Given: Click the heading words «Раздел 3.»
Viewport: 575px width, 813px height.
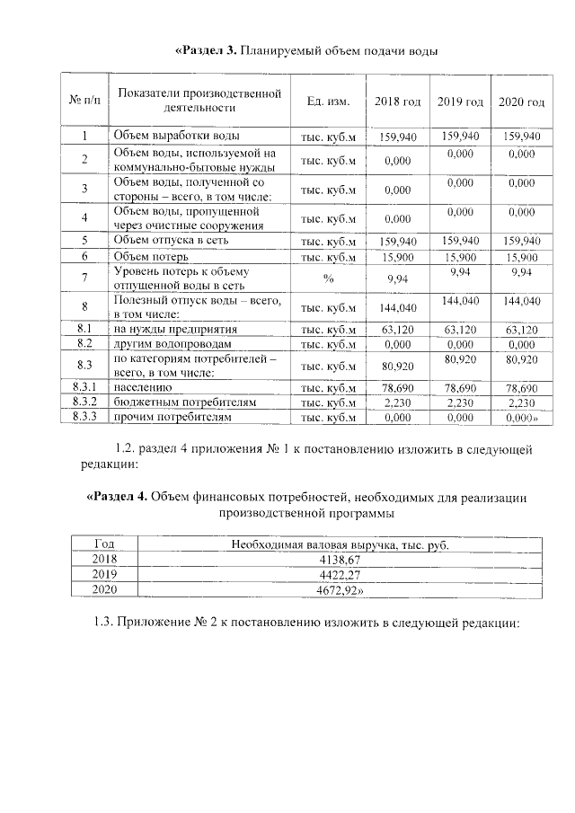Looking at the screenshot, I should point(205,49).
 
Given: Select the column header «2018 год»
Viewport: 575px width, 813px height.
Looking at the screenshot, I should point(396,101).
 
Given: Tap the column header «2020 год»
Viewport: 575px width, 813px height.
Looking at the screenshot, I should point(521,101).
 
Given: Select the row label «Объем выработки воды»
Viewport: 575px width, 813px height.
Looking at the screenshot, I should point(175,137).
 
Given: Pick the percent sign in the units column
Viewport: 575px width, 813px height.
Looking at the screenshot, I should point(328,278).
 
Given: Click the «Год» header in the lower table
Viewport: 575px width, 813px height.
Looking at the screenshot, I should point(104,543).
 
